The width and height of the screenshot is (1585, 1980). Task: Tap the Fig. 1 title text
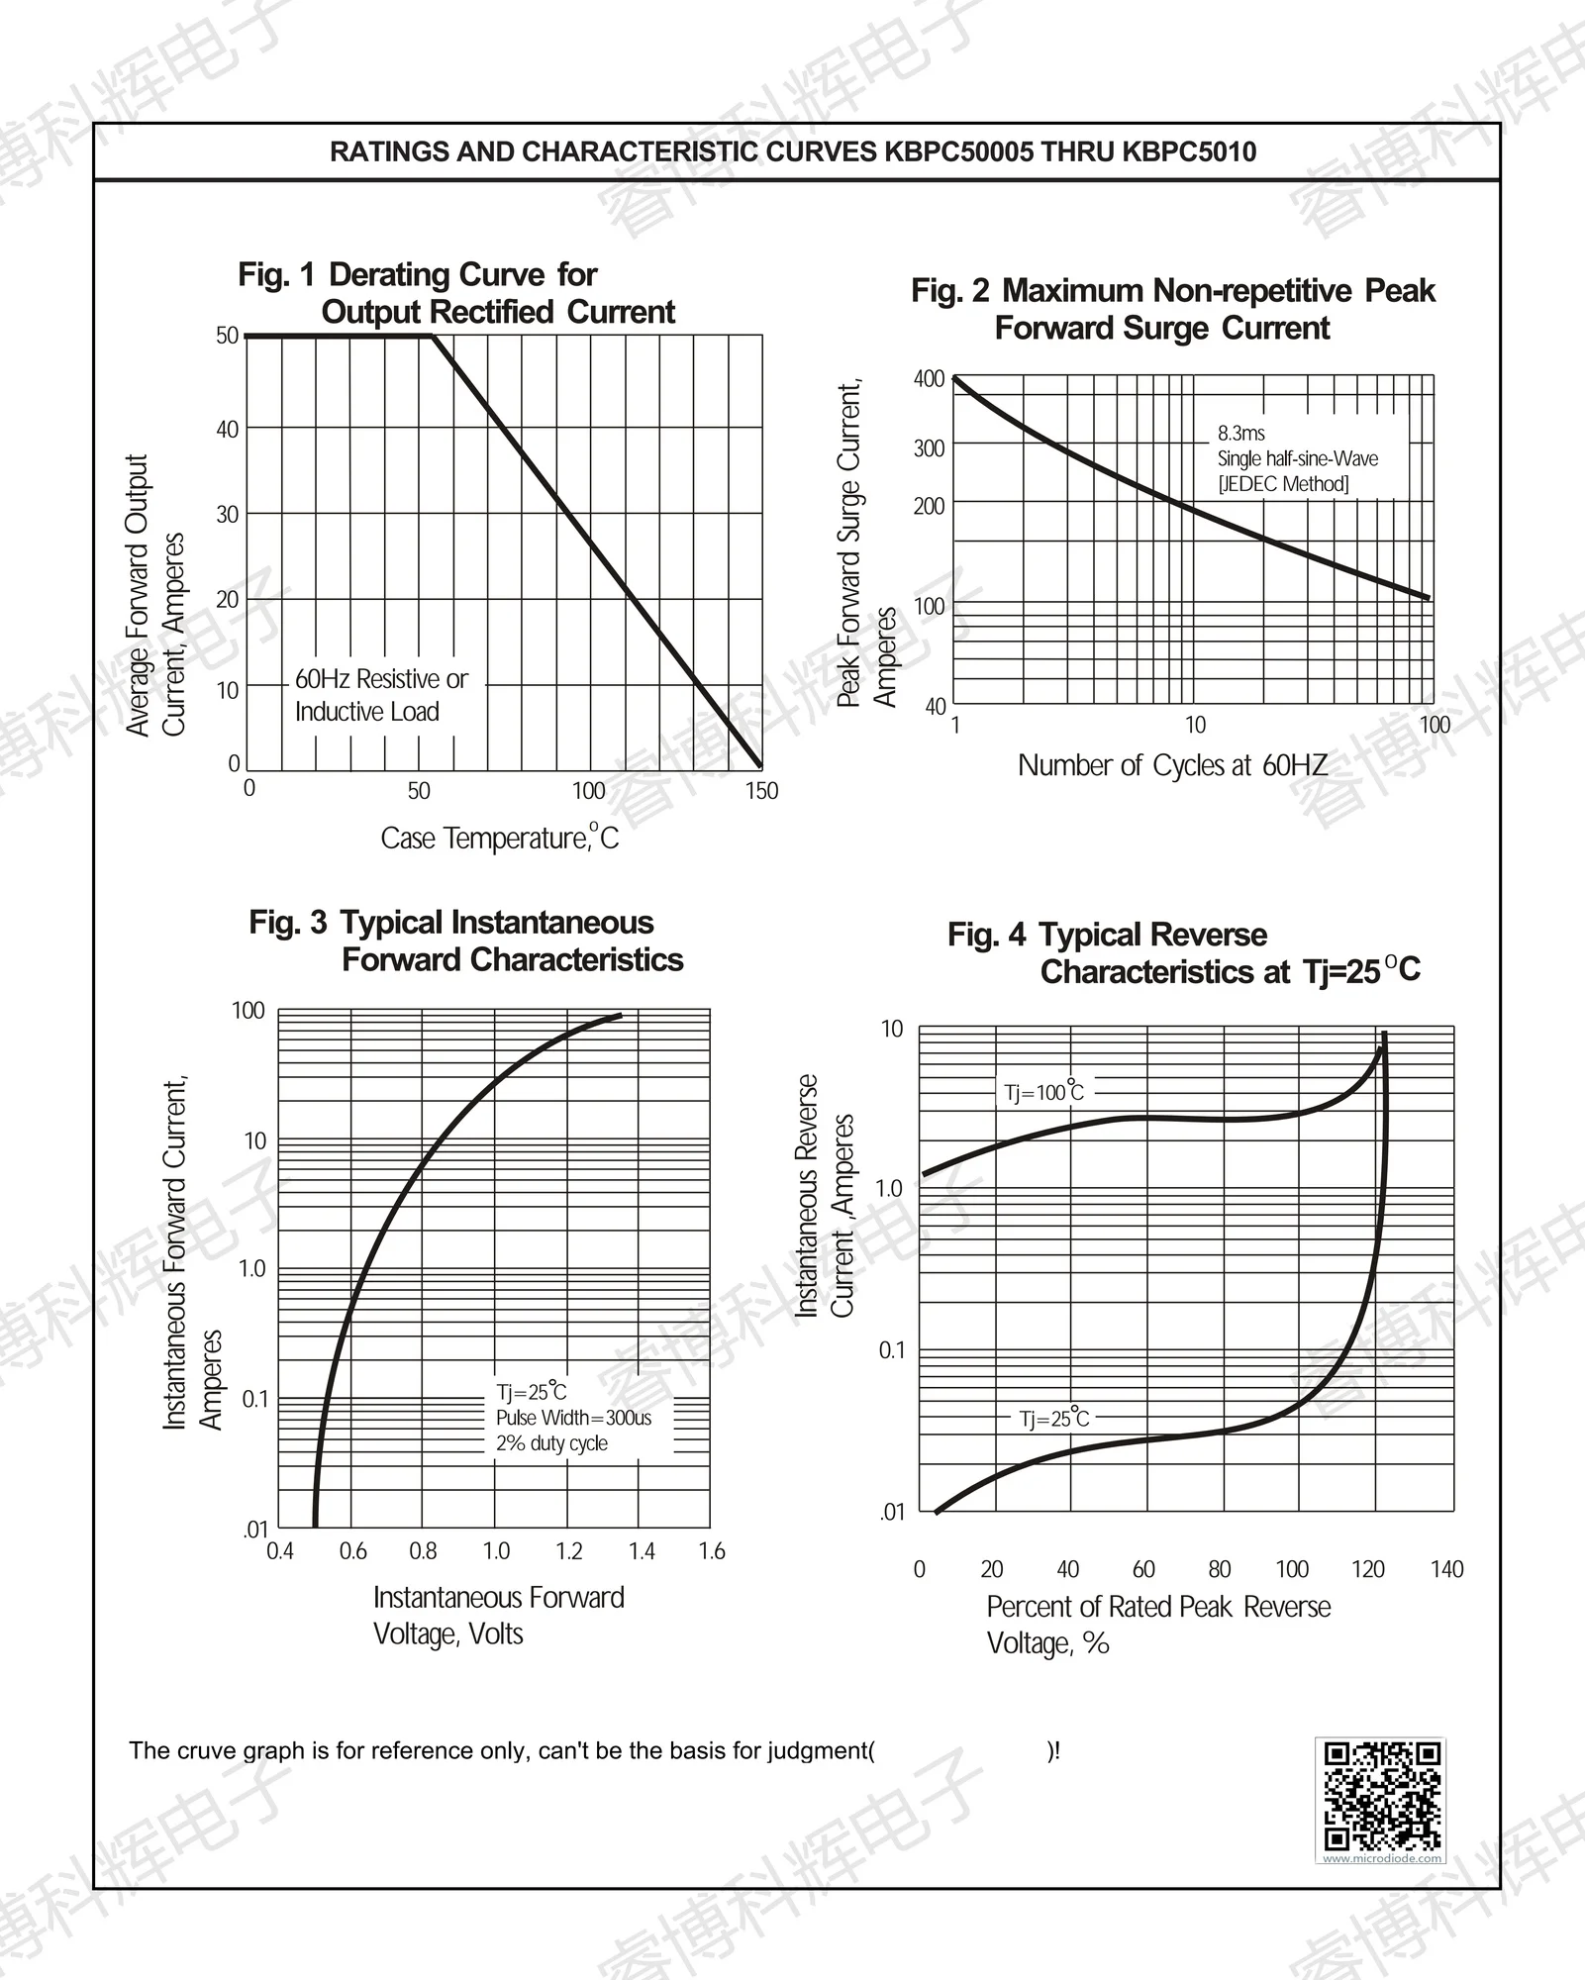[x=456, y=293]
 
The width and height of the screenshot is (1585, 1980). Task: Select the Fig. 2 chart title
[x=1172, y=309]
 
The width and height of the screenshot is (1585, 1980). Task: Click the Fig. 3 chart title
[x=465, y=940]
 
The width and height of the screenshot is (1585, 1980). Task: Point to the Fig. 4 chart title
[x=1183, y=952]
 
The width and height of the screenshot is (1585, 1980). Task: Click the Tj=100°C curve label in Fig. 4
[x=1043, y=1092]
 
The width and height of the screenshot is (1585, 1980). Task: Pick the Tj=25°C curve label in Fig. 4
[x=1053, y=1419]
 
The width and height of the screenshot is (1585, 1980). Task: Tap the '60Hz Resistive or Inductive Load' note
[x=381, y=695]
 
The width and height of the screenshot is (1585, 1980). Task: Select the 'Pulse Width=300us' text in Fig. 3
[x=573, y=1418]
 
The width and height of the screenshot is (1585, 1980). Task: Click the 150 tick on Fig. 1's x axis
[x=761, y=790]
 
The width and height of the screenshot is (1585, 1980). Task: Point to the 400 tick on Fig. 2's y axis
[x=929, y=379]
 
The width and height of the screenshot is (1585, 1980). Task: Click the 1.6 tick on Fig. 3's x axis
[x=711, y=1551]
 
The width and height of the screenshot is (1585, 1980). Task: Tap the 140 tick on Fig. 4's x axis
[x=1446, y=1569]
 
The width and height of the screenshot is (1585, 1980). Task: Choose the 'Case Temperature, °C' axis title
[x=499, y=838]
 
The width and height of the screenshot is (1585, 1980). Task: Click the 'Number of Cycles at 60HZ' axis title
[x=1172, y=765]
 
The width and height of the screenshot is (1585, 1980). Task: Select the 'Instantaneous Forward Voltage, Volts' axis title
[x=498, y=1615]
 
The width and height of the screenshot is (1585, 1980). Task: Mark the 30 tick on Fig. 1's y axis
[x=228, y=514]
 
